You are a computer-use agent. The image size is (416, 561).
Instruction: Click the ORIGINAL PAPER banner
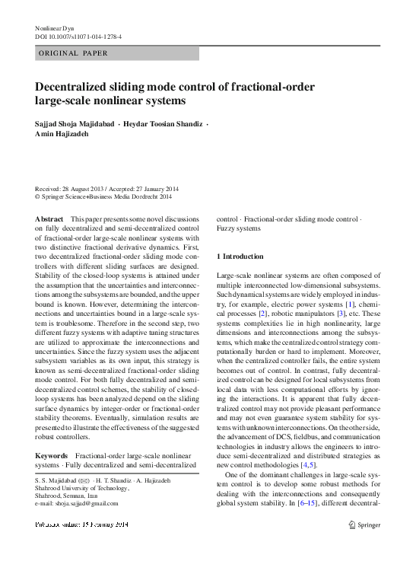point(73,53)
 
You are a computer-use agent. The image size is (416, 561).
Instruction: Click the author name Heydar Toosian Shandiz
point(167,123)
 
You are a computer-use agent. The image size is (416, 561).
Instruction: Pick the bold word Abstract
point(49,218)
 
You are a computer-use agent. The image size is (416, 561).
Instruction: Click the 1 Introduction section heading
point(240,257)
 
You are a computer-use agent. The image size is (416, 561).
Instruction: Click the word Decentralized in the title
point(79,87)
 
